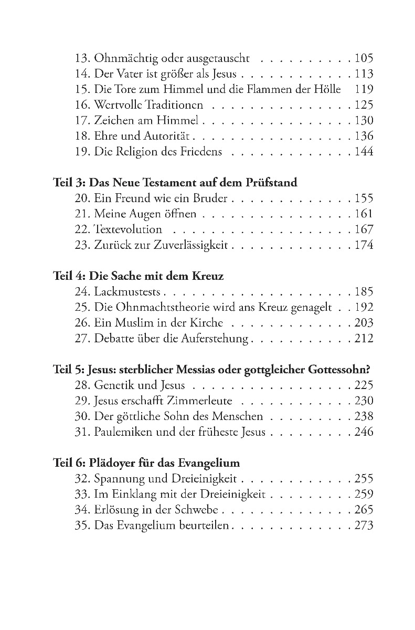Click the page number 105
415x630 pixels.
(x=364, y=59)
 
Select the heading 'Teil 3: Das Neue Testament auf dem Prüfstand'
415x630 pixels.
(x=175, y=183)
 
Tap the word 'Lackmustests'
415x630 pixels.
(x=128, y=292)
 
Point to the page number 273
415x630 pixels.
(x=364, y=526)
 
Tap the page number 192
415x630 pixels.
(x=364, y=307)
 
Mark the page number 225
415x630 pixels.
(x=364, y=385)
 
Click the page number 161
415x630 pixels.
(x=364, y=214)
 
